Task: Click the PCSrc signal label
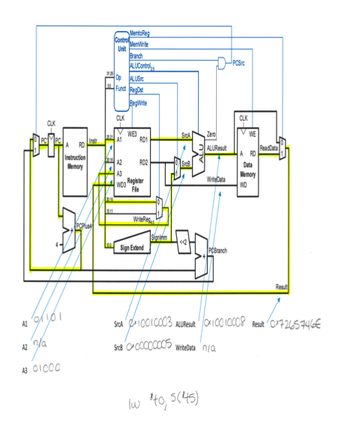point(238,63)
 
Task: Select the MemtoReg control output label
point(141,33)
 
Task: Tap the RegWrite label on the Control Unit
point(138,103)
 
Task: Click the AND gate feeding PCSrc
point(222,63)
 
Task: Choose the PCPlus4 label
point(85,225)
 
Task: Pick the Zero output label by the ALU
point(211,133)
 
